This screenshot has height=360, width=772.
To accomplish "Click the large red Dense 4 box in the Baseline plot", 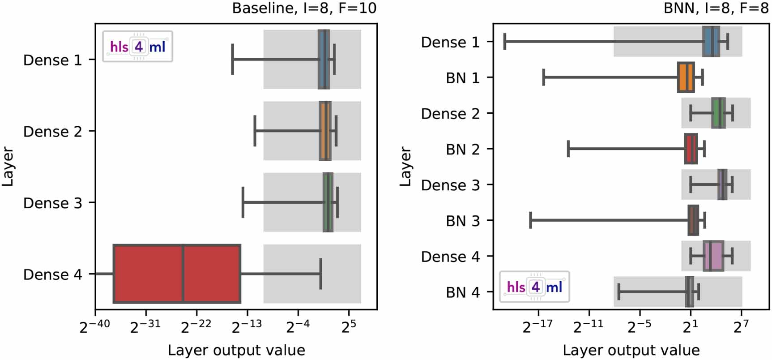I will click(x=148, y=274).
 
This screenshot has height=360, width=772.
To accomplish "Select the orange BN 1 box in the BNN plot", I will click(x=686, y=78).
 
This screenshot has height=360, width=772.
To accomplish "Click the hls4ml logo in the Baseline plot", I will click(x=137, y=46).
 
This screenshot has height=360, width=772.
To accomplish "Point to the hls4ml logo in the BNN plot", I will click(x=534, y=287).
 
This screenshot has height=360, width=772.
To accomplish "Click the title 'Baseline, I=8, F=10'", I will click(x=304, y=8).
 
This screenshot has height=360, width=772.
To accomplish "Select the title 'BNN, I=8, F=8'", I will click(x=716, y=8).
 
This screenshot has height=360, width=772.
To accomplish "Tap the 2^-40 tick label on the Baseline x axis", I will click(x=95, y=326).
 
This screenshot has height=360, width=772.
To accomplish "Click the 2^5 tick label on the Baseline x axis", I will click(x=349, y=326).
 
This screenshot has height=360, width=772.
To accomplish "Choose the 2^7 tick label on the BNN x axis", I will click(x=741, y=326).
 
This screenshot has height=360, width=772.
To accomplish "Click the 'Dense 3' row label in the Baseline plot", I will click(x=52, y=203).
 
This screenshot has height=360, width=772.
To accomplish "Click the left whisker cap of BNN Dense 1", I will click(x=505, y=42).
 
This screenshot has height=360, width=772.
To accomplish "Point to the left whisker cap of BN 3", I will click(x=531, y=220).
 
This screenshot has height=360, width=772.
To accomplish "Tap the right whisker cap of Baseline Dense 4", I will click(x=320, y=274).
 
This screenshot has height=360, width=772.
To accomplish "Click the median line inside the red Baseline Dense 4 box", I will click(x=183, y=274).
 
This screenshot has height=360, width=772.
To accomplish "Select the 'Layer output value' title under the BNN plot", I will click(x=631, y=350).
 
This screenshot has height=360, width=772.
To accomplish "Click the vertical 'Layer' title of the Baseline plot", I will click(x=8, y=166).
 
